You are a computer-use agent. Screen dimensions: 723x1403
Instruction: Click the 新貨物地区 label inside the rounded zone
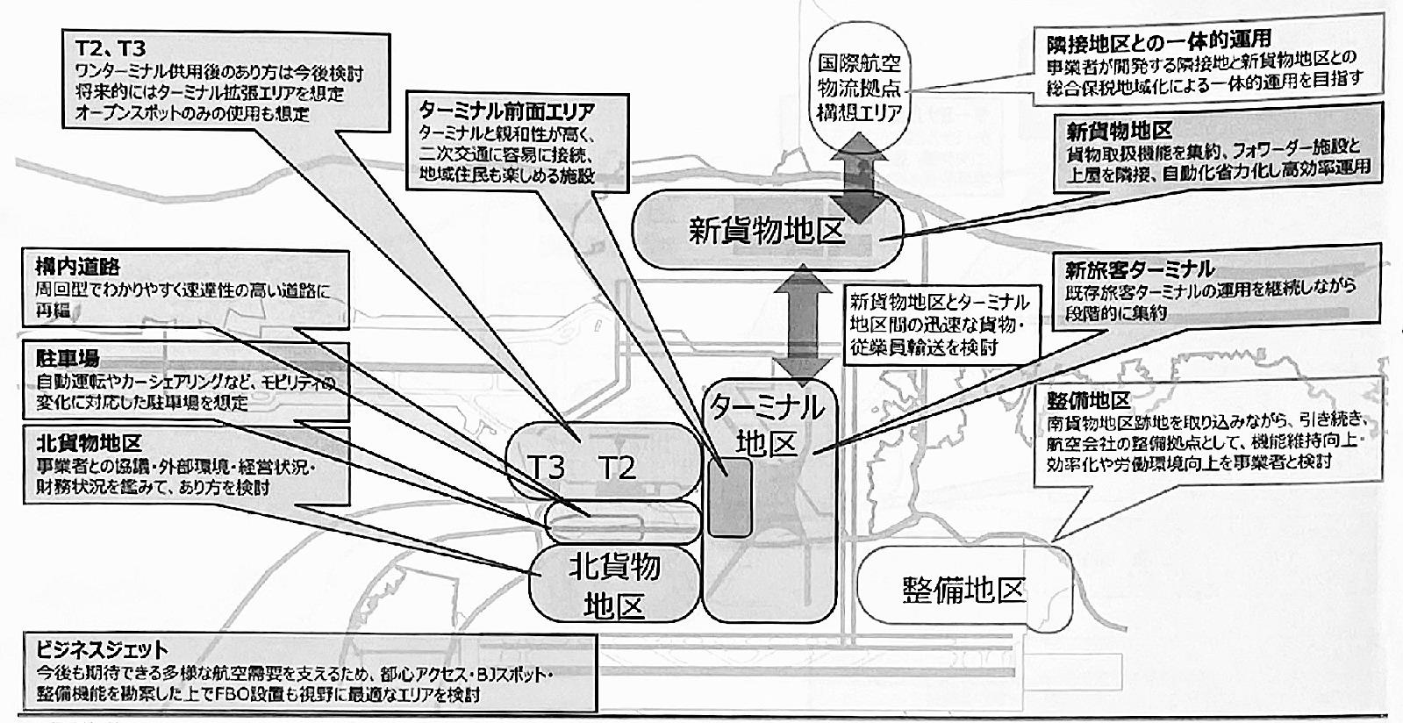point(766,230)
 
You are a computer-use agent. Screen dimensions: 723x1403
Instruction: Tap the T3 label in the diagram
point(549,467)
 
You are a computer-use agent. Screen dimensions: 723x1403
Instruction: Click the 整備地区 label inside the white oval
point(963,589)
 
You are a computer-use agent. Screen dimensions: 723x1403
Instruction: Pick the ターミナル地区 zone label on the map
point(768,426)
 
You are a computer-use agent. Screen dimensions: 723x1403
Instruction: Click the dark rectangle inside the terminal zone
point(730,497)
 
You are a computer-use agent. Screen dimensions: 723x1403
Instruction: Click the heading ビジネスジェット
point(102,650)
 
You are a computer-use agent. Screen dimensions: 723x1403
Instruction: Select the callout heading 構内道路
point(77,266)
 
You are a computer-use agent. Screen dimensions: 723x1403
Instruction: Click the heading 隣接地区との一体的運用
point(1158,40)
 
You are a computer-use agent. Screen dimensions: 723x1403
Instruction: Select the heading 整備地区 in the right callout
point(1087,400)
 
